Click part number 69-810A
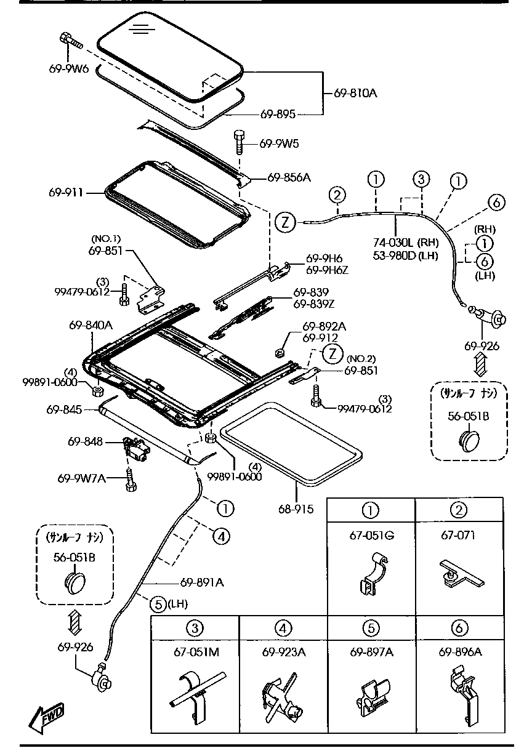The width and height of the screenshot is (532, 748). (x=355, y=94)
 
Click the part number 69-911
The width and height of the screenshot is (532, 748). (x=66, y=193)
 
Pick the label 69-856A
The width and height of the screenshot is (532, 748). (x=289, y=178)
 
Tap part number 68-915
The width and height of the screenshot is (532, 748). (x=296, y=509)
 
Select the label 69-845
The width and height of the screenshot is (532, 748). (x=63, y=408)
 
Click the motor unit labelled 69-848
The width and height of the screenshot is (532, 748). (x=136, y=449)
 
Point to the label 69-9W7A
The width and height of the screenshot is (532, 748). (x=81, y=478)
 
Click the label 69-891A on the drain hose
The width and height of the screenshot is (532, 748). (x=202, y=581)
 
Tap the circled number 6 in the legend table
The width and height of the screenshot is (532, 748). (x=460, y=628)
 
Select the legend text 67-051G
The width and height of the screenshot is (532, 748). (x=371, y=535)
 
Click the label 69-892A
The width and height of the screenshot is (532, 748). (x=323, y=326)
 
